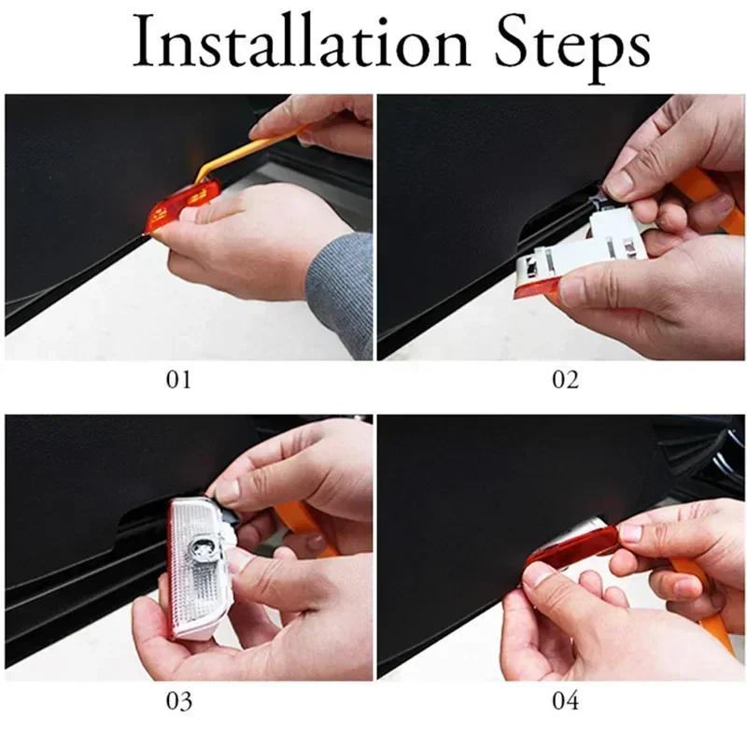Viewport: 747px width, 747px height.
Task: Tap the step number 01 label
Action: pos(177,379)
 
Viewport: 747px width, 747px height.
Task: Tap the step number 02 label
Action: pos(565,379)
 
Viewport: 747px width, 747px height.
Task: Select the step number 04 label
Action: pos(565,699)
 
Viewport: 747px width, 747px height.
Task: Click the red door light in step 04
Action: pos(570,556)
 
